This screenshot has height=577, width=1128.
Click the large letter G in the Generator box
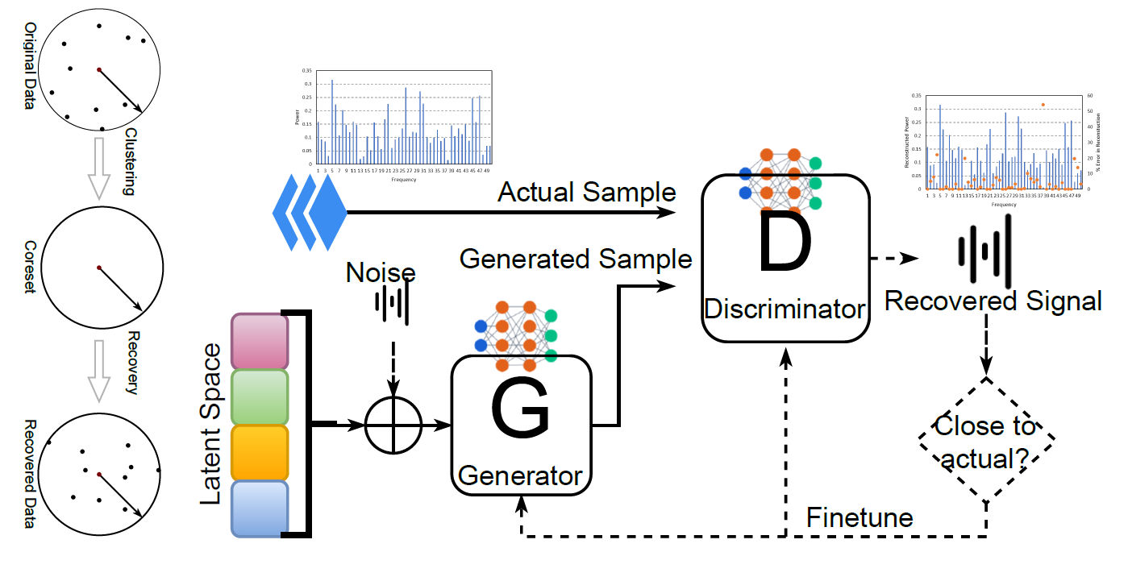(520, 411)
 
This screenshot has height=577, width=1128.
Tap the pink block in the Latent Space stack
(260, 341)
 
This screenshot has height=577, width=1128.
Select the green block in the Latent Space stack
(260, 396)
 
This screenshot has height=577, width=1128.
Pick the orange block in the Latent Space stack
(260, 452)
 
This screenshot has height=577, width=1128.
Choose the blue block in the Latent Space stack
(260, 508)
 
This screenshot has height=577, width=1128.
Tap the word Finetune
(860, 517)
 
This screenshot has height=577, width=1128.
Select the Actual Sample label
(586, 193)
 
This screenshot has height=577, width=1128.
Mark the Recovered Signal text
(993, 301)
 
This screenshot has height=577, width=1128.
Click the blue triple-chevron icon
(310, 213)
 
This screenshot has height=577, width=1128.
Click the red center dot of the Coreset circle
(98, 268)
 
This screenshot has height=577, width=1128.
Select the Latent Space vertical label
(210, 424)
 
